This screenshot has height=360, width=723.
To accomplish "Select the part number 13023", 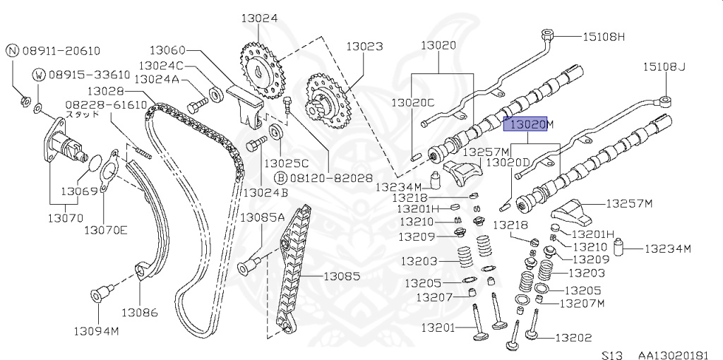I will pyautogui.click(x=364, y=47).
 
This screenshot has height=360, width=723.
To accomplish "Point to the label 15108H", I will pyautogui.click(x=604, y=35).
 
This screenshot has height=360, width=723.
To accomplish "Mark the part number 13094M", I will pyautogui.click(x=98, y=330).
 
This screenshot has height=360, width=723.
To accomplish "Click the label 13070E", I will pyautogui.click(x=106, y=229).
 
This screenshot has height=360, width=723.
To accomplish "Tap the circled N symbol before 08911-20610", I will pyautogui.click(x=13, y=50).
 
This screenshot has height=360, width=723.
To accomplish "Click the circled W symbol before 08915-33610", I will pyautogui.click(x=40, y=75).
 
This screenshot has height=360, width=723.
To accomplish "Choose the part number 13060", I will pyautogui.click(x=167, y=49).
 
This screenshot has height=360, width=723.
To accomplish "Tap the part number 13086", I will pyautogui.click(x=139, y=311).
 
